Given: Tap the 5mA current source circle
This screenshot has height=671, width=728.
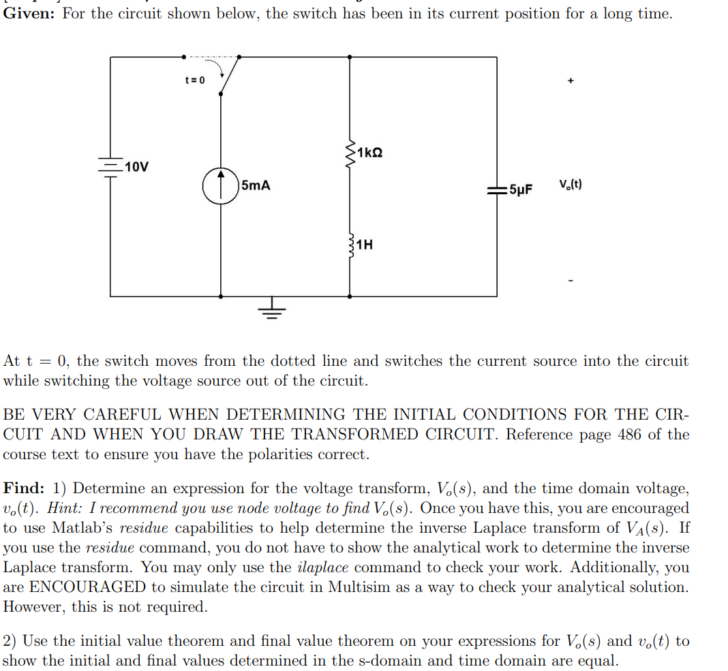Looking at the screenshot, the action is (220, 185).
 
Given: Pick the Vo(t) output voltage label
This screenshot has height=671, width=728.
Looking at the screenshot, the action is (570, 184).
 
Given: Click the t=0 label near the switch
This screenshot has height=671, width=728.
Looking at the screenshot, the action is (194, 80).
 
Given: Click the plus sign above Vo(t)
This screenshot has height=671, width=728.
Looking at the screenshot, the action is (571, 81).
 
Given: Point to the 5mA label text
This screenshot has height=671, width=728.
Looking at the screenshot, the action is (256, 185).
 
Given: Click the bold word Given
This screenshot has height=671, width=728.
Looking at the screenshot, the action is (29, 14).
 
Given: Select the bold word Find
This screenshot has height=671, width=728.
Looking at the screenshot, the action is (23, 488).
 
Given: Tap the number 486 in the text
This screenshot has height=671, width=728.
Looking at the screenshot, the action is (628, 435).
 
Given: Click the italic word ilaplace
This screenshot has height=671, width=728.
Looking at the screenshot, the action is (324, 567).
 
